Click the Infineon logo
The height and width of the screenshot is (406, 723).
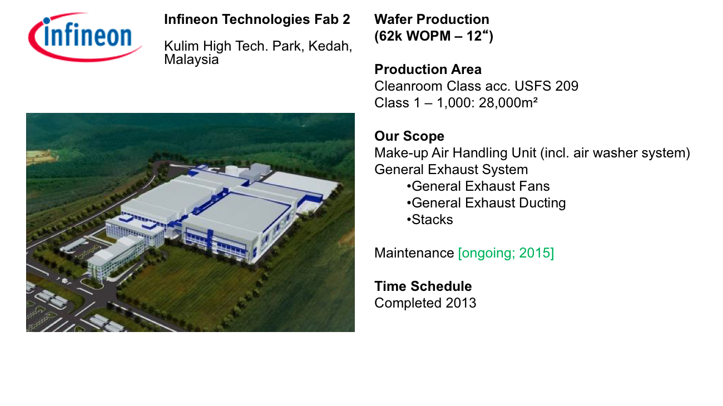pyautogui.click(x=85, y=37)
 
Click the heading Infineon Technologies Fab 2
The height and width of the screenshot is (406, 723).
pyautogui.click(x=257, y=19)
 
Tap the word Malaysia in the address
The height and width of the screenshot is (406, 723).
pyautogui.click(x=191, y=60)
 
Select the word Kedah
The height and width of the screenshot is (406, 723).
pyautogui.click(x=330, y=46)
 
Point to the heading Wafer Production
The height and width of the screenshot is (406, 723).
pyautogui.click(x=432, y=19)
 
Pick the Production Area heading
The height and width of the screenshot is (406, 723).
pyautogui.click(x=428, y=70)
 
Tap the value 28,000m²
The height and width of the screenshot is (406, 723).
pyautogui.click(x=508, y=103)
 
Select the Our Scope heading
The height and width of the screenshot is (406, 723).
pyautogui.click(x=409, y=136)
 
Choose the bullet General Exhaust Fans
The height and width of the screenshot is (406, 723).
pyautogui.click(x=478, y=186)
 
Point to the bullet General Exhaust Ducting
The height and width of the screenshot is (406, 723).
pyautogui.click(x=486, y=203)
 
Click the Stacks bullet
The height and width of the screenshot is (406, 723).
pyautogui.click(x=429, y=220)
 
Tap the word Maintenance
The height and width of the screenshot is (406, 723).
pyautogui.click(x=414, y=253)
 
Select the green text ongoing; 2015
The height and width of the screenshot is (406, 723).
pyautogui.click(x=506, y=253)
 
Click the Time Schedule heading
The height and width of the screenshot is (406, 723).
pyautogui.click(x=423, y=286)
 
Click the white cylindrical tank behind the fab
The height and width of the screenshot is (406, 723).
pyautogui.click(x=232, y=170)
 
